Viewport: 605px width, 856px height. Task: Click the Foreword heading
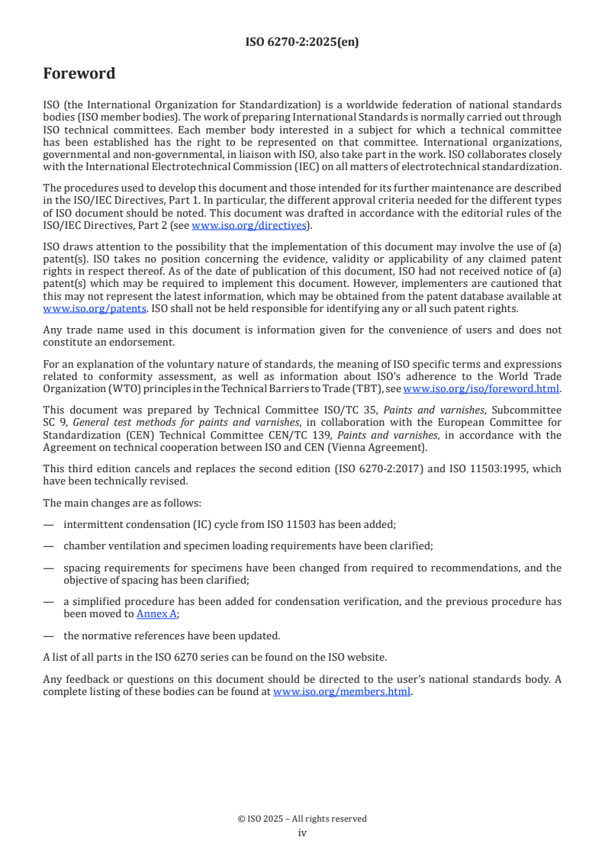coord(79,74)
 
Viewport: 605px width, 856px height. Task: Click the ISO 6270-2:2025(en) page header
coord(302,43)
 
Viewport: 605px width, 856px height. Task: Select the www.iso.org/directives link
coord(249,225)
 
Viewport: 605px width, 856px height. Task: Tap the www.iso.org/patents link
coord(74,309)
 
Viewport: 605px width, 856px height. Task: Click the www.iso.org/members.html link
coord(343,692)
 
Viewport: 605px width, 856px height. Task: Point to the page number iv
coord(302,832)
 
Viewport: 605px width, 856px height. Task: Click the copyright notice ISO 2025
coord(302,819)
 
